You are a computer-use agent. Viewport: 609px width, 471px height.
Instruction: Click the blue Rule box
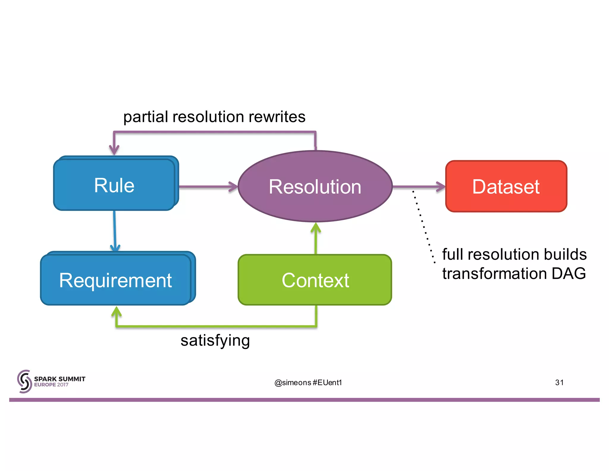(x=114, y=185)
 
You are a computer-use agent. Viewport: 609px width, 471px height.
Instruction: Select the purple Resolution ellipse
(x=315, y=187)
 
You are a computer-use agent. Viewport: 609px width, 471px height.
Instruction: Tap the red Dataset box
(x=506, y=187)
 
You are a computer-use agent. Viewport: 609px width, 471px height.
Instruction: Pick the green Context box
(x=315, y=280)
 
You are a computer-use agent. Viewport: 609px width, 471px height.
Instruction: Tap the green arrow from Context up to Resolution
(x=316, y=238)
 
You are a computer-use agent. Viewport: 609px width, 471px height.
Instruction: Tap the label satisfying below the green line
(x=215, y=340)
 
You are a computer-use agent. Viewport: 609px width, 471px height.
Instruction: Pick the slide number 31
(x=559, y=383)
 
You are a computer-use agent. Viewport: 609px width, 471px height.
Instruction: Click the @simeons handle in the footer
(x=293, y=383)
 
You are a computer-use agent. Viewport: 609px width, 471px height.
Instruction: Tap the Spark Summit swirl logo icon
(x=24, y=381)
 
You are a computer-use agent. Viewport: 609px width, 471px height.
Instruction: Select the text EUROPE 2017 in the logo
(x=51, y=385)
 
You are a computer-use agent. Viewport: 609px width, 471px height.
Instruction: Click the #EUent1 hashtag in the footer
(x=327, y=383)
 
